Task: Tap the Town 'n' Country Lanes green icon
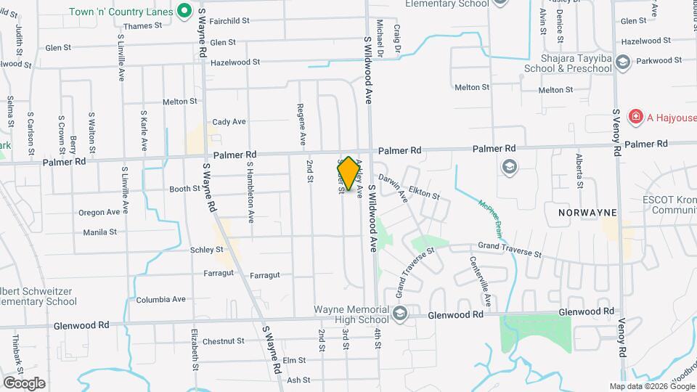184,11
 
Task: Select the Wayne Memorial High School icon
399,314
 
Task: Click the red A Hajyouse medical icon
635,116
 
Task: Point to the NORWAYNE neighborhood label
587,213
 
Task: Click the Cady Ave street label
229,121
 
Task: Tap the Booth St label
184,189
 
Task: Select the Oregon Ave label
99,213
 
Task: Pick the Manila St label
99,232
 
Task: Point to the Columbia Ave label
160,298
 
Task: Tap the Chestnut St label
224,340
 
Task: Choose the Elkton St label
424,194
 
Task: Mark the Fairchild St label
229,22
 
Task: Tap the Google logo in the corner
24,383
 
